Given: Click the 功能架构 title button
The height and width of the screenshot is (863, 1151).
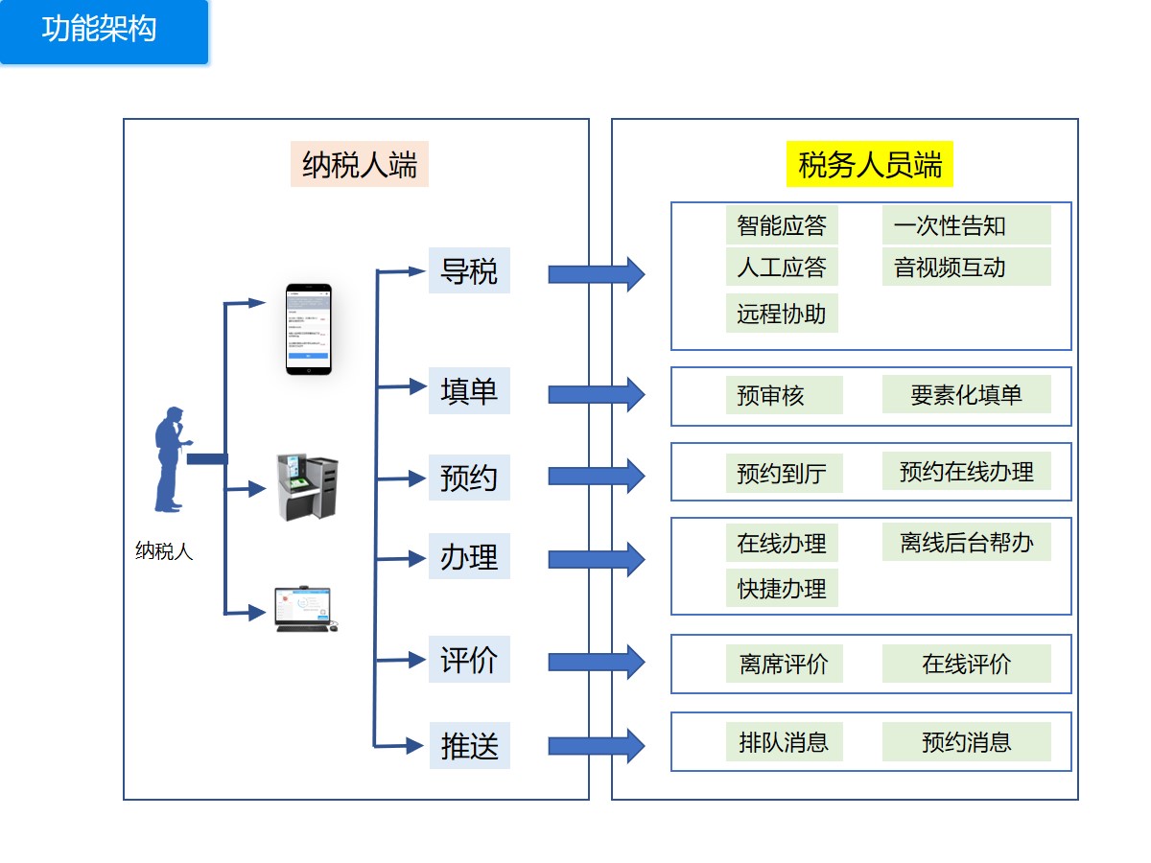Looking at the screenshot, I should coord(104,31).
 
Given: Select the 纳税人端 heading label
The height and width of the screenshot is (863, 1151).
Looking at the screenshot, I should coord(360,164).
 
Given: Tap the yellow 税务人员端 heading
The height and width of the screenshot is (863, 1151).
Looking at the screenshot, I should coord(870,164).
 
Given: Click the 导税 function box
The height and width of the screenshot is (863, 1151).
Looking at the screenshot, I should coord(469,270).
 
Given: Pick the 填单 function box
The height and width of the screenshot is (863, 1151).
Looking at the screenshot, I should coord(469,391).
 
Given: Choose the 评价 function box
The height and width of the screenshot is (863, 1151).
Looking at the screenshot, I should coord(469,660).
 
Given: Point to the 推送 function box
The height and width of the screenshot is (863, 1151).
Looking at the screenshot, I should coord(469,746).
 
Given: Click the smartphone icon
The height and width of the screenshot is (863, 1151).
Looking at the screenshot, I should coord(309,329).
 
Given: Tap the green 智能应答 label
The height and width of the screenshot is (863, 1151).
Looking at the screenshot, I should coord(782,225).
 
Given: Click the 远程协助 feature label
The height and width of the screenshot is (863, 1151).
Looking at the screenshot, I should coord(782,314).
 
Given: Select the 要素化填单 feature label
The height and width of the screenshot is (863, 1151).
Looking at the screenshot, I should coord(966,394).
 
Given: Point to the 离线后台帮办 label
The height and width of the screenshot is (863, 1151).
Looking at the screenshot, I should coord(966,543).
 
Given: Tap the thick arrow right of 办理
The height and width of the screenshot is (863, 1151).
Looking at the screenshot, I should coord(596,558).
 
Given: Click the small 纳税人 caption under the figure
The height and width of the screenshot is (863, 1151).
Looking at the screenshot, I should coord(164,552).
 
